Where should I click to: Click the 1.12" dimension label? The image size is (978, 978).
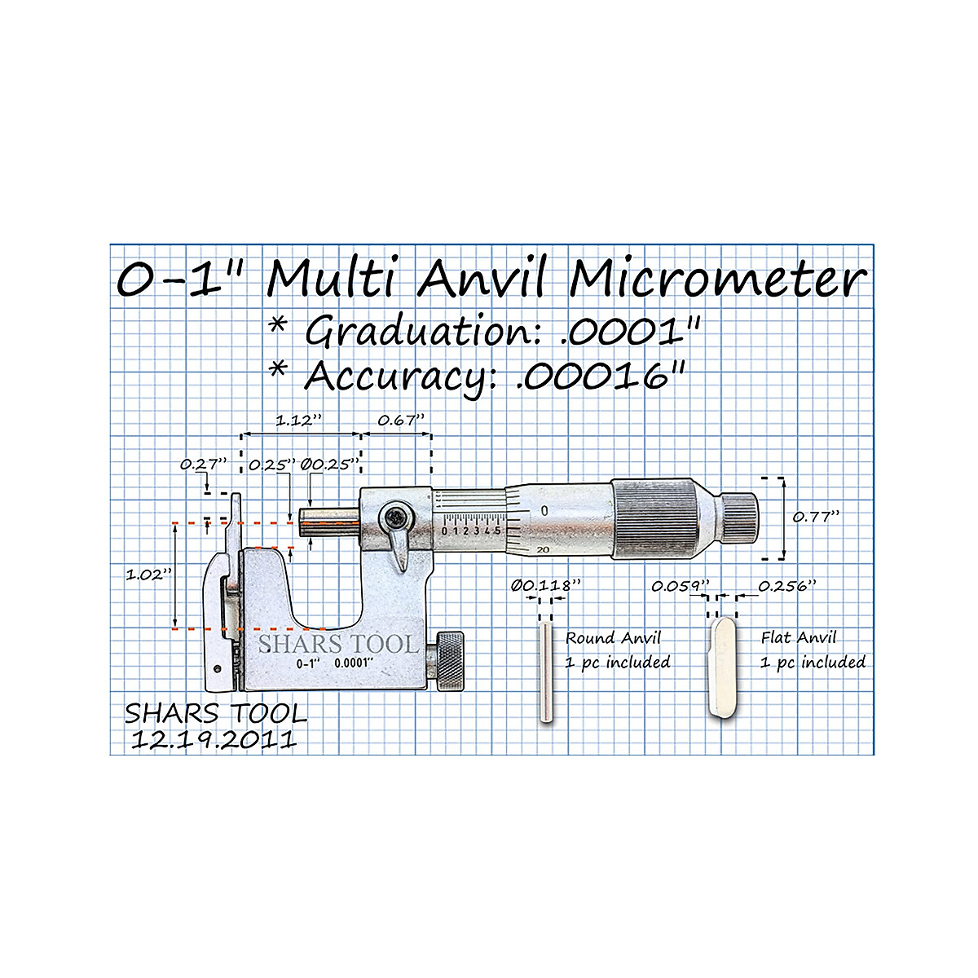pyautogui.click(x=298, y=421)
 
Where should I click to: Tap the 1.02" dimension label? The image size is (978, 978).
pyautogui.click(x=149, y=575)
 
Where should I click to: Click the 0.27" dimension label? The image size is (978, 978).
pyautogui.click(x=203, y=464)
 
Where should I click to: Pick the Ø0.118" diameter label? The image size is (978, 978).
pyautogui.click(x=546, y=585)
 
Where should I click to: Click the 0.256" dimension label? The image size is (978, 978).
pyautogui.click(x=786, y=585)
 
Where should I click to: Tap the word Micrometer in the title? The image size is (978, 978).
pyautogui.click(x=717, y=280)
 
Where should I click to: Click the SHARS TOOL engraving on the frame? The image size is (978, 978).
pyautogui.click(x=338, y=644)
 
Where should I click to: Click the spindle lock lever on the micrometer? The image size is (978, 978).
pyautogui.click(x=399, y=542)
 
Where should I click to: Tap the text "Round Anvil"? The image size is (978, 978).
pyautogui.click(x=613, y=638)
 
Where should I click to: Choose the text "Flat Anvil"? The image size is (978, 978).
pyautogui.click(x=799, y=638)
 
